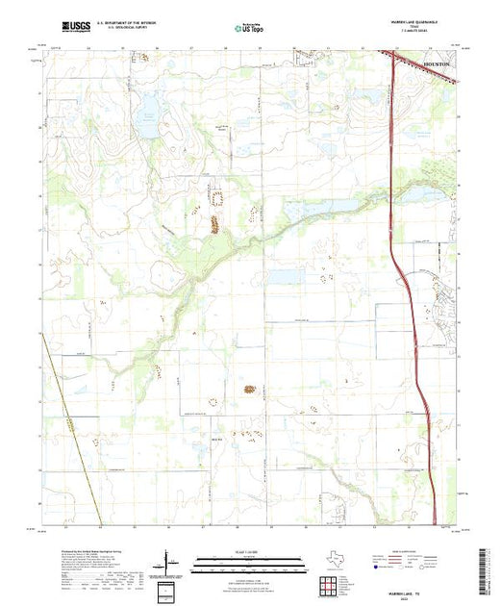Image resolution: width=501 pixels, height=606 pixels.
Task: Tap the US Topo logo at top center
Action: [x=250, y=29]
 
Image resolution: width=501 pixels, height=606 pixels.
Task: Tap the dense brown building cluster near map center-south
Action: [x=250, y=391]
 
